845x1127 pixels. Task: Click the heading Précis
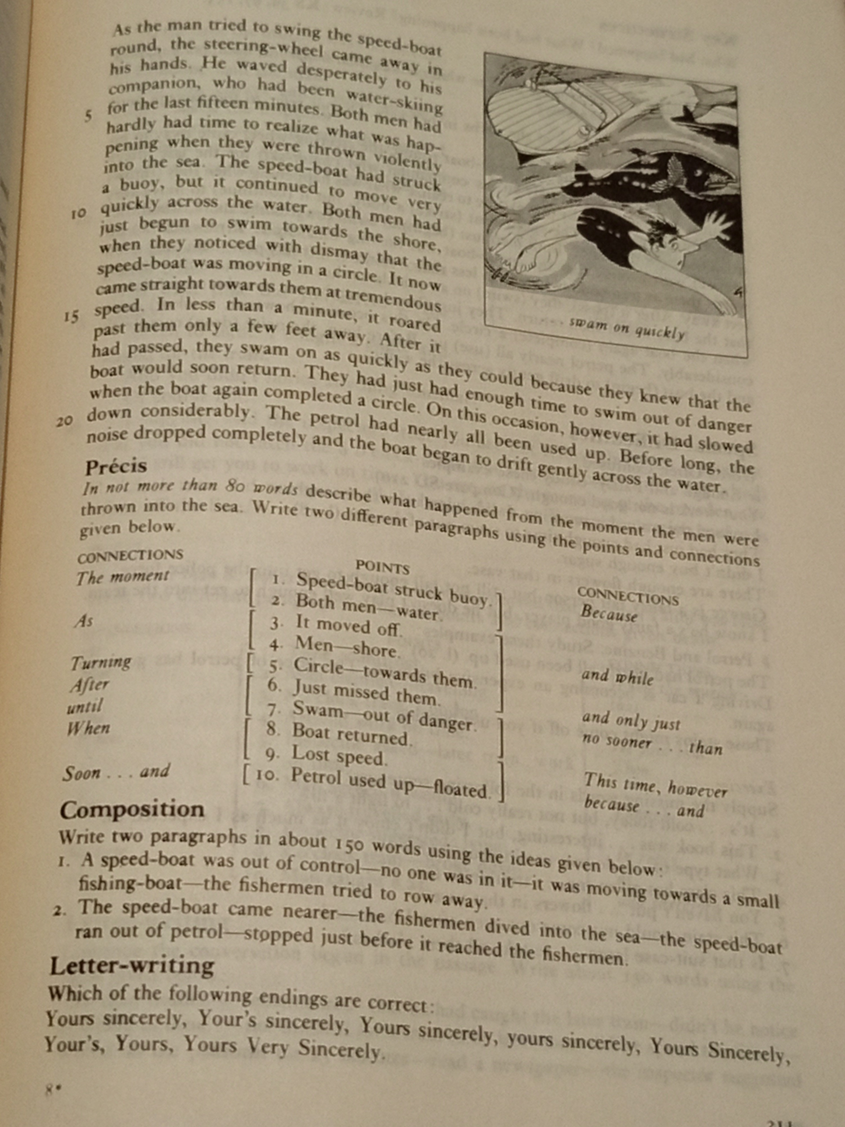click(116, 467)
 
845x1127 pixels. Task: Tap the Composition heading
click(132, 810)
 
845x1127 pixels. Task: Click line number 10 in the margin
click(78, 214)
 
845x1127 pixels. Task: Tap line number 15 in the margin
click(72, 317)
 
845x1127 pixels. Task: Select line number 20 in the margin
click(65, 421)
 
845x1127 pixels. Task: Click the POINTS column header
click(382, 567)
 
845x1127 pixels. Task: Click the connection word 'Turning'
click(101, 663)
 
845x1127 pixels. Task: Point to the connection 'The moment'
click(122, 577)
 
